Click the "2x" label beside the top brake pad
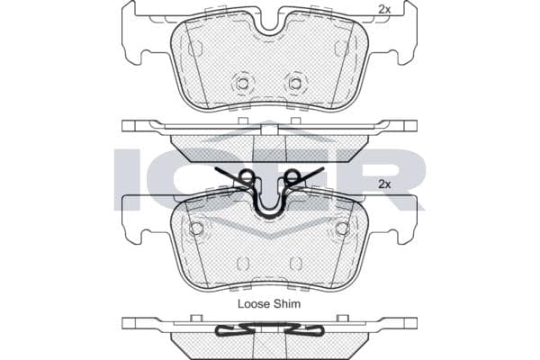(x=384, y=10)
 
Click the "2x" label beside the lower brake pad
(x=384, y=184)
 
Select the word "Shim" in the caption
(x=287, y=304)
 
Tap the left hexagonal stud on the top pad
(x=243, y=83)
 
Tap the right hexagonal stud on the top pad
(x=295, y=83)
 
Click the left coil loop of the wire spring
(x=247, y=176)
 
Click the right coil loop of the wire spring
(x=292, y=176)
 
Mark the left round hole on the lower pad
(x=196, y=228)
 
